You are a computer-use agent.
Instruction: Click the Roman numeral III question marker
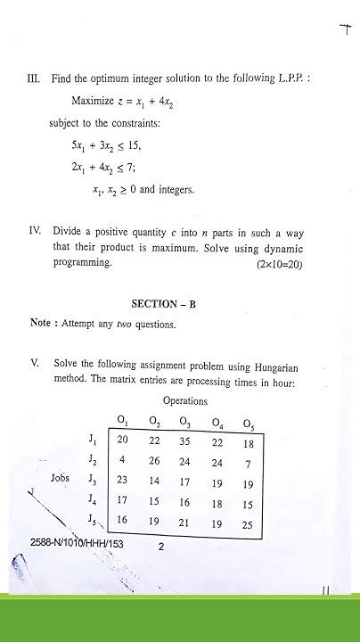(35, 79)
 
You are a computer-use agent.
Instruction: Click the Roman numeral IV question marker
(36, 230)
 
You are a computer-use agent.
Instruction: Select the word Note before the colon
(41, 324)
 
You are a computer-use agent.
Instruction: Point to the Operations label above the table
(184, 401)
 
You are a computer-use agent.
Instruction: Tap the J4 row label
(94, 501)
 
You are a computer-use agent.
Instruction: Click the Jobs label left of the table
(60, 478)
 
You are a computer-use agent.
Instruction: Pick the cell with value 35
(184, 440)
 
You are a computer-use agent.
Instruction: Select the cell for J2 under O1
(123, 460)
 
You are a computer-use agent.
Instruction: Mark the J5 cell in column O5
(247, 524)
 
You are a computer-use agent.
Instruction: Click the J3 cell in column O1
(123, 481)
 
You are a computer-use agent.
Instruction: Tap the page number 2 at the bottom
(161, 548)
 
